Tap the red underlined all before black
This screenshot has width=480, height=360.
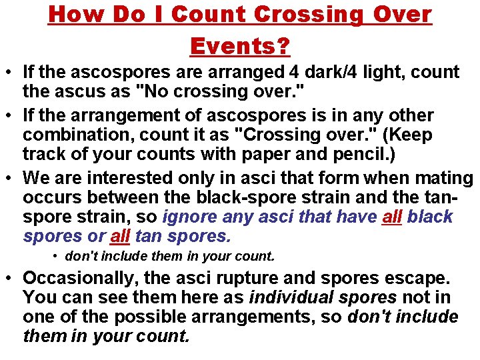pos(391,217)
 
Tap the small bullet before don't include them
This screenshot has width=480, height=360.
pos(57,257)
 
